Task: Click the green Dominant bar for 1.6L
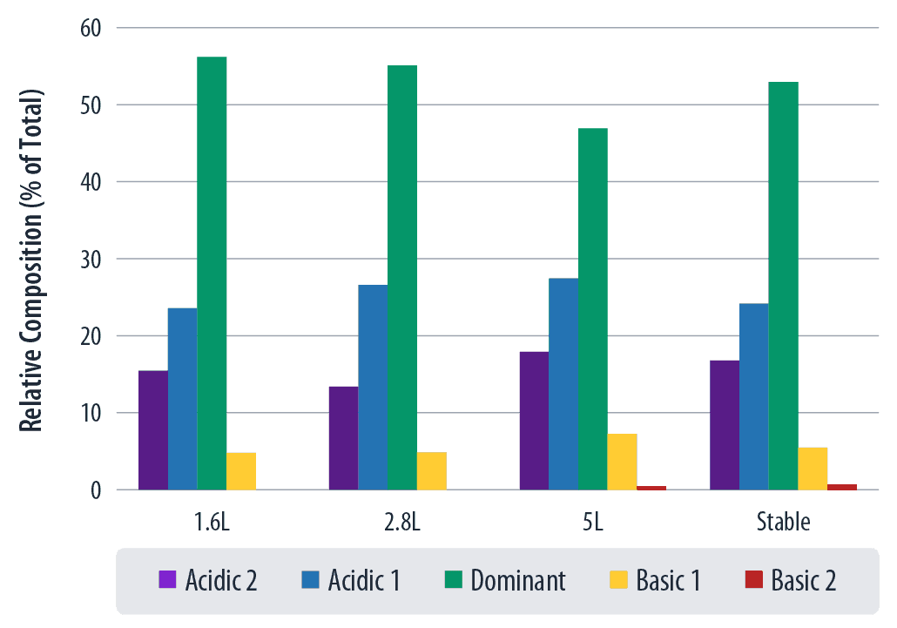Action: [212, 273]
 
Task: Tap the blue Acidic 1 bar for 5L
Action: [563, 384]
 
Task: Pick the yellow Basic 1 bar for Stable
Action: [813, 469]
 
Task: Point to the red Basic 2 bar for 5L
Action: [651, 488]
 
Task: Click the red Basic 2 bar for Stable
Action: [842, 487]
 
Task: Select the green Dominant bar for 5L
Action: [593, 309]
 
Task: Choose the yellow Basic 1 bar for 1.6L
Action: [241, 471]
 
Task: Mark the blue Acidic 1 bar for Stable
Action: [753, 396]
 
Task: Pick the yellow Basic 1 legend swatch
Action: [617, 580]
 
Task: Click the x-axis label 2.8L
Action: [402, 523]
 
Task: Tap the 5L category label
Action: [593, 523]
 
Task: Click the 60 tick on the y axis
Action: [91, 28]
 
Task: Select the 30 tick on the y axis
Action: [91, 260]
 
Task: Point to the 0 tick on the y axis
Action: [97, 490]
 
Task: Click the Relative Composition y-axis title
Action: [32, 260]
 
